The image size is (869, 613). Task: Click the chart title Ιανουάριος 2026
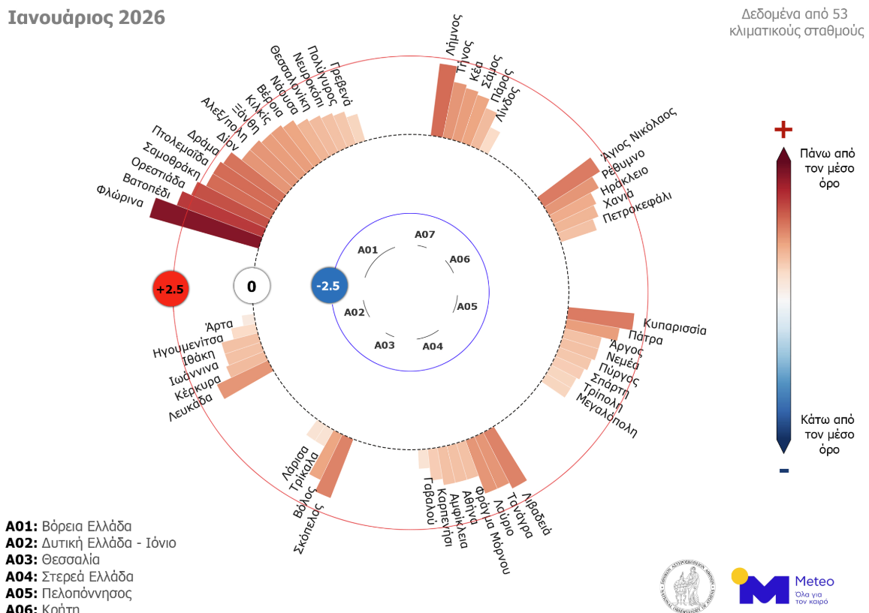[86, 18]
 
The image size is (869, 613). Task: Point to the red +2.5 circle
[169, 289]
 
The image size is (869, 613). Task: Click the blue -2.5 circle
[329, 286]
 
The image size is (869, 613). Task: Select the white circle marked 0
[252, 286]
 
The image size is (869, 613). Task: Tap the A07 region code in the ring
[425, 235]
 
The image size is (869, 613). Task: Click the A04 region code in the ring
[433, 346]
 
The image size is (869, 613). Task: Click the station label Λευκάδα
[190, 404]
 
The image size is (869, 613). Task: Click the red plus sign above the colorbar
[783, 131]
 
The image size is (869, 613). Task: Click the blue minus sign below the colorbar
[783, 470]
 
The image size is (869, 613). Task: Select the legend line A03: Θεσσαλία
[53, 559]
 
